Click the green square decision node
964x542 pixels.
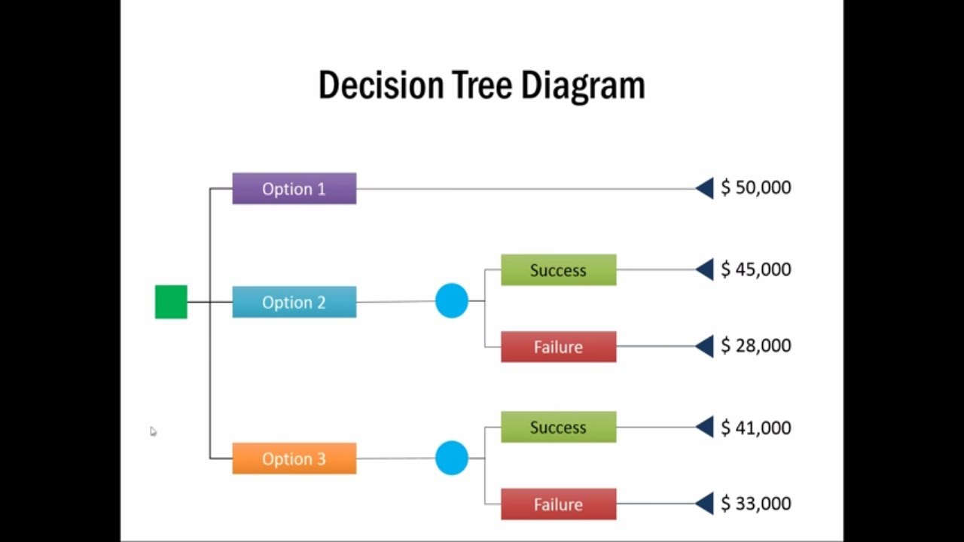[171, 302]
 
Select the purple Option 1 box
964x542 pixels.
[294, 189]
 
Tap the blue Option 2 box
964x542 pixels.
[294, 302]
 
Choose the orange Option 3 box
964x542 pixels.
[294, 458]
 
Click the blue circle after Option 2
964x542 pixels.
[452, 301]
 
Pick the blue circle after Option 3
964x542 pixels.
[452, 458]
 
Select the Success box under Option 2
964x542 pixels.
[558, 270]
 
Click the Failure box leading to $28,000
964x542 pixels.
[558, 347]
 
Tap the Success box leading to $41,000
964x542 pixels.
[558, 428]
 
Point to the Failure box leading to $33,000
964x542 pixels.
[558, 504]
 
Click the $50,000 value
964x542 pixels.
[755, 187]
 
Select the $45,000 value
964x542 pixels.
[755, 269]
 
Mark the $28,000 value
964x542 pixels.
[755, 346]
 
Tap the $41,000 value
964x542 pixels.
[755, 428]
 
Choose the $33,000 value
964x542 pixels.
[755, 504]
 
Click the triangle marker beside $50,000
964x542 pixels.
[706, 188]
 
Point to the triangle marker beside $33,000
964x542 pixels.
[706, 504]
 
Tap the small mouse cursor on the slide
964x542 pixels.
[153, 431]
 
